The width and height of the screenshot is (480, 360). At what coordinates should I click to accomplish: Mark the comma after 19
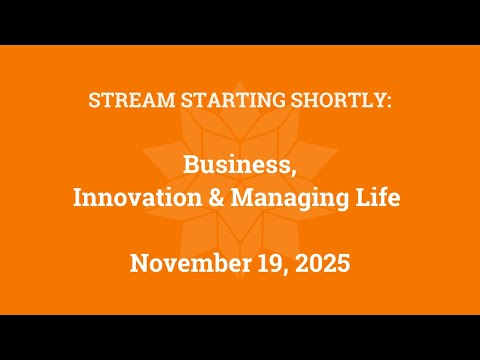click(280, 272)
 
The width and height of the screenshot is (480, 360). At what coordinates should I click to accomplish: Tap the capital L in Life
click(367, 198)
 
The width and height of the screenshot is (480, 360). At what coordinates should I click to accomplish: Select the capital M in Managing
click(243, 198)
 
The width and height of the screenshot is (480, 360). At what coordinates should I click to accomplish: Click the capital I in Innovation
click(79, 198)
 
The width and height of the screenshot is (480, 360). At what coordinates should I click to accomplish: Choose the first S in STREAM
click(95, 102)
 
